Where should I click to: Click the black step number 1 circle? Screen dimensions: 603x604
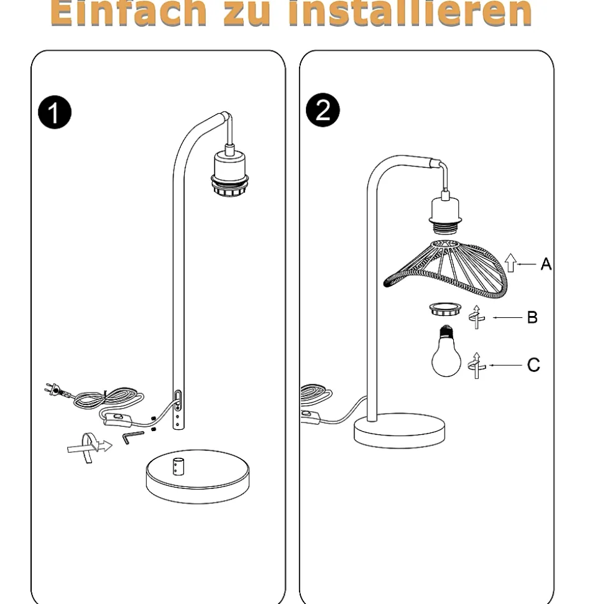(x=55, y=112)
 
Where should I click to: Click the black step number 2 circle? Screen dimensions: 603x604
(x=323, y=109)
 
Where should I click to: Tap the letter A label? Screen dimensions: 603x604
(x=546, y=264)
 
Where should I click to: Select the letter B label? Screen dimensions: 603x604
(x=532, y=317)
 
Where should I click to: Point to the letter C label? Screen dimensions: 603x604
(x=533, y=365)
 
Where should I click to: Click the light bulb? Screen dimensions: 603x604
(x=446, y=351)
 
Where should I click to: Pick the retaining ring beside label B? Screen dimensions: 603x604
(x=445, y=309)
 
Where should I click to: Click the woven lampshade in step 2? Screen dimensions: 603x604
(x=446, y=269)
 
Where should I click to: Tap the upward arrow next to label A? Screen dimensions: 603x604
(x=510, y=263)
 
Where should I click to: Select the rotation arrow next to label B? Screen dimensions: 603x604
(x=477, y=317)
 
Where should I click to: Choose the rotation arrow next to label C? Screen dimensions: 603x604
(x=477, y=365)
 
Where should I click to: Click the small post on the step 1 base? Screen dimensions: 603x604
(x=178, y=467)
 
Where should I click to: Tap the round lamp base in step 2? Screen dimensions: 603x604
(x=399, y=430)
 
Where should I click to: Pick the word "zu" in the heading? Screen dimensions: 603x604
(x=246, y=16)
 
